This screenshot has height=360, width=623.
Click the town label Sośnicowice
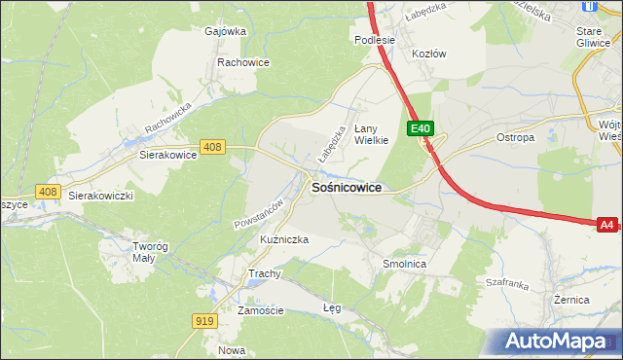pyautogui.click(x=346, y=187)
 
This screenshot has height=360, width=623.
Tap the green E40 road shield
pyautogui.click(x=420, y=128)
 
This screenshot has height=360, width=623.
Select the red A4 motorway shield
pyautogui.click(x=606, y=225)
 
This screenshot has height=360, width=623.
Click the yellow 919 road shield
pyautogui.click(x=204, y=321)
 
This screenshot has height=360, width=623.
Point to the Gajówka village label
pyautogui.click(x=225, y=31)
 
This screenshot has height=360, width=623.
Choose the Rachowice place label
pyautogui.click(x=243, y=62)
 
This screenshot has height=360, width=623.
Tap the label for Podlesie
pyautogui.click(x=374, y=40)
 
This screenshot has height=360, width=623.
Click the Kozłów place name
pyautogui.click(x=428, y=54)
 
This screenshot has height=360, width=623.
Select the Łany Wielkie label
pyautogui.click(x=371, y=133)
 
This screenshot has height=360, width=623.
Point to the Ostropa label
pyautogui.click(x=516, y=138)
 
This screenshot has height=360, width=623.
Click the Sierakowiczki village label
pyautogui.click(x=100, y=195)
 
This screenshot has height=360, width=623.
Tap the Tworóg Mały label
pyautogui.click(x=151, y=252)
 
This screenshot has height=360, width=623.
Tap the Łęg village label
pyautogui.click(x=332, y=307)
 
